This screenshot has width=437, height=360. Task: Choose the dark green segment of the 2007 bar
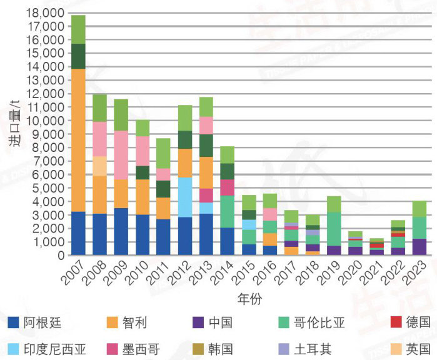point(78,56)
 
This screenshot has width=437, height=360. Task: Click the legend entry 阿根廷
point(43,322)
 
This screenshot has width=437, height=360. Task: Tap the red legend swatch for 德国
point(394,322)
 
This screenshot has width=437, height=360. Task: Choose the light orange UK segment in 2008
point(99,166)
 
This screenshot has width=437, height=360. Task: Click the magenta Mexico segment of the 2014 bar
point(228,187)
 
